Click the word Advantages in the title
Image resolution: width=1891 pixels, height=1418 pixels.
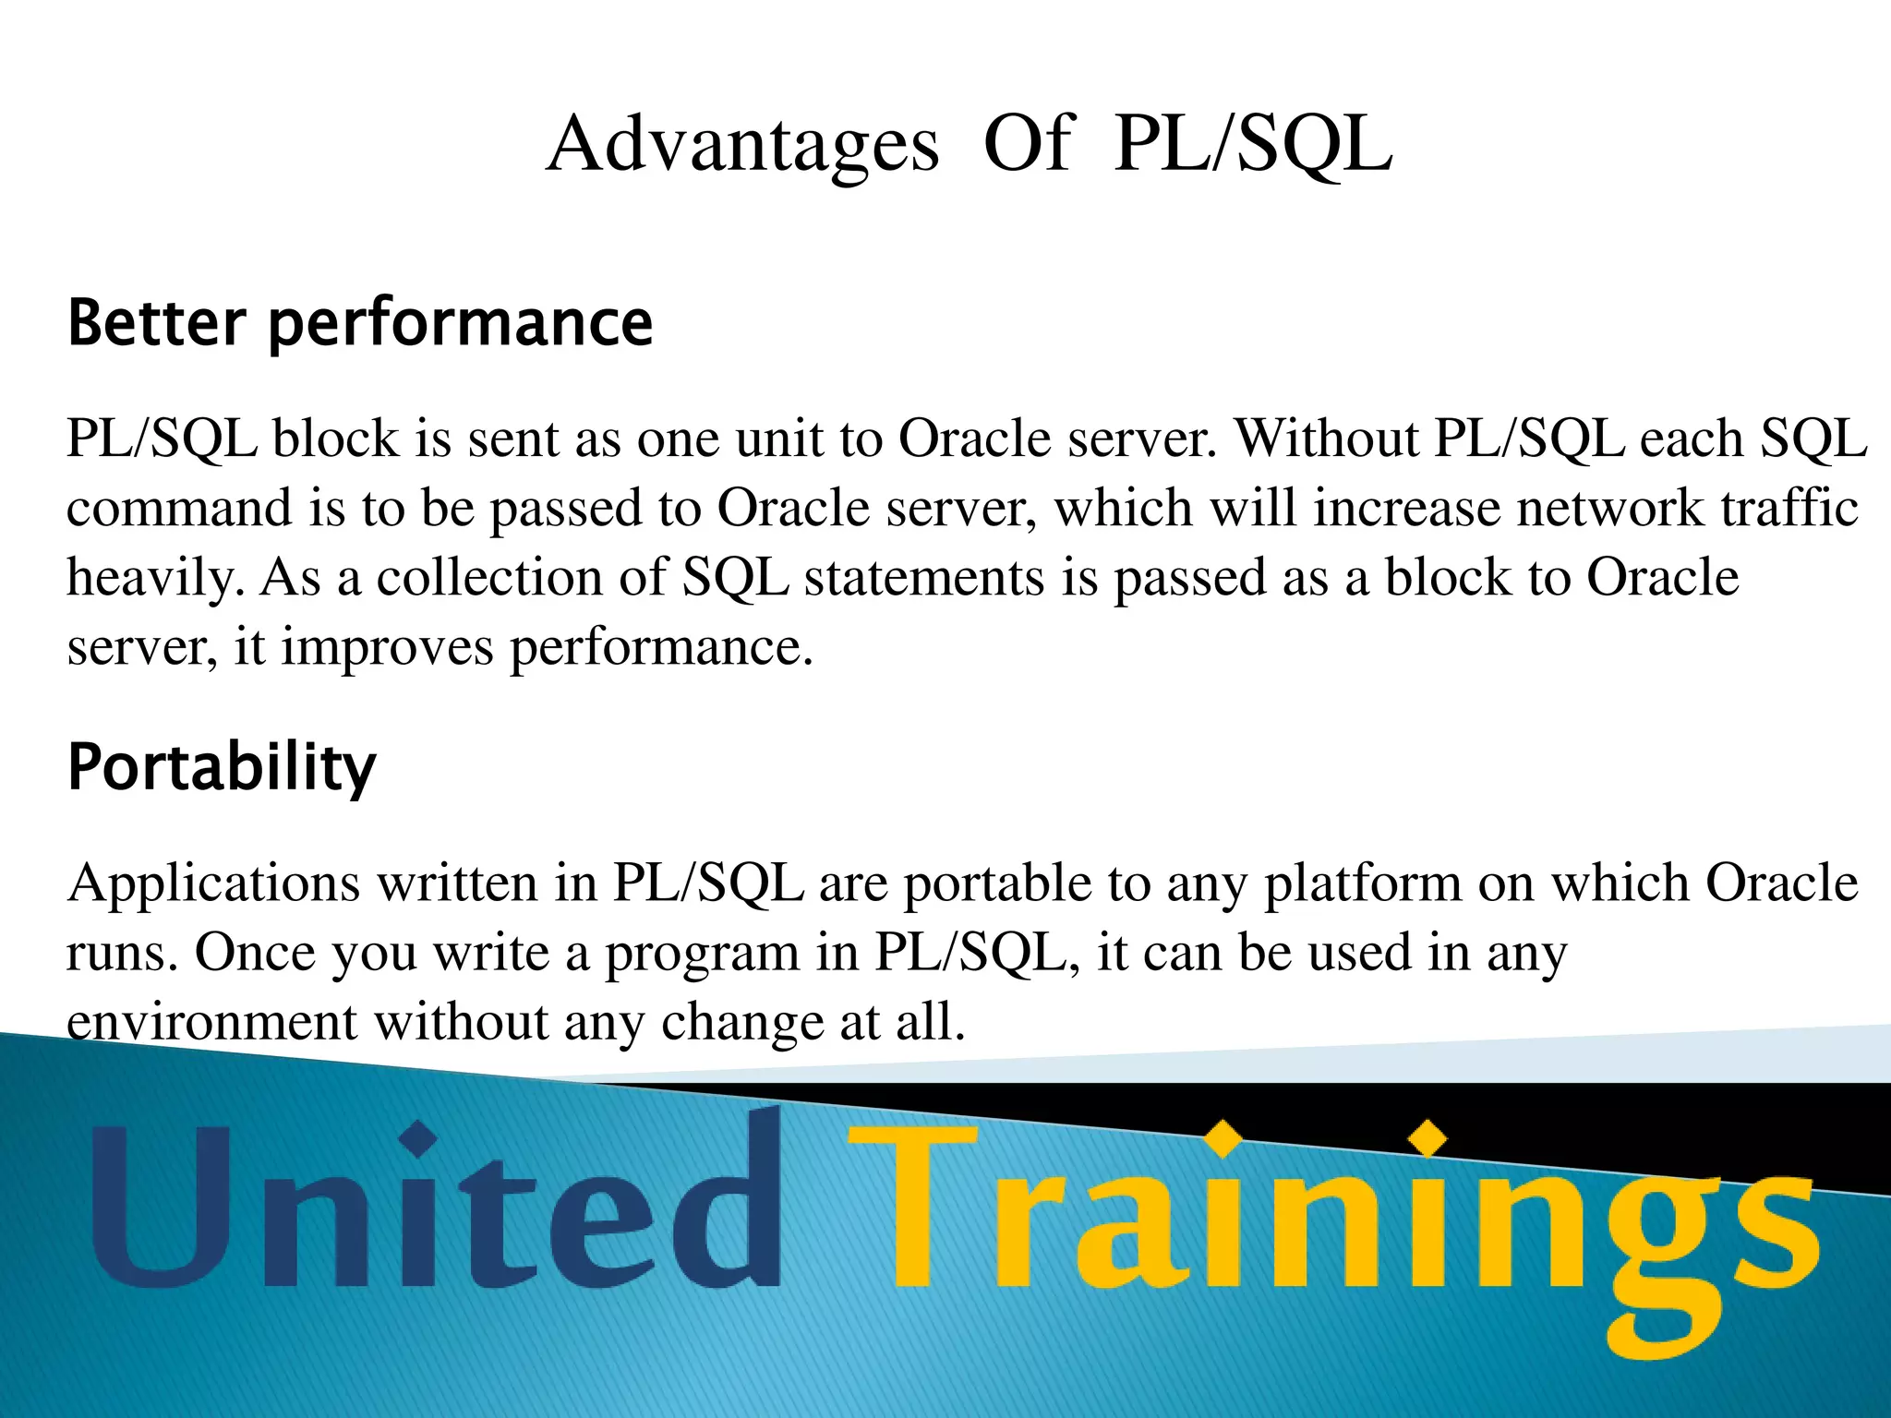(742, 146)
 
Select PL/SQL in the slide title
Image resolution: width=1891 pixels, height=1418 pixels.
(1252, 146)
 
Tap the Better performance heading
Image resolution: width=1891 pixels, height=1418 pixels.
(360, 323)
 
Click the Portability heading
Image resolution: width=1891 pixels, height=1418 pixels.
(222, 768)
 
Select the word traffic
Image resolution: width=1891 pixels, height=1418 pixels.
(1789, 509)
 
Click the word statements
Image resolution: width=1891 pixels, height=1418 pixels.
(924, 579)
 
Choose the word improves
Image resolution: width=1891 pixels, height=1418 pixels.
(388, 647)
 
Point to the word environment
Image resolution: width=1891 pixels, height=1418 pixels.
(211, 1023)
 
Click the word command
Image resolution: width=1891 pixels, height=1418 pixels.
(179, 509)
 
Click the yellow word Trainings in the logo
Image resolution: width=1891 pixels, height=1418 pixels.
(1330, 1219)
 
